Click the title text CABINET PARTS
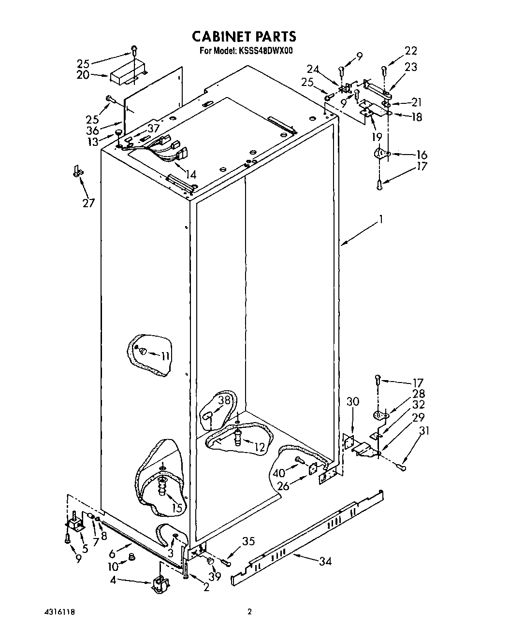point(244,36)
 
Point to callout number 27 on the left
point(89,203)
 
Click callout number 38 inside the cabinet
point(224,400)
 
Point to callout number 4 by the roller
point(113,580)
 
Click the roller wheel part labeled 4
point(159,584)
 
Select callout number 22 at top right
point(411,51)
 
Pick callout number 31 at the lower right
point(424,430)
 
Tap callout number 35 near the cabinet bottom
point(248,541)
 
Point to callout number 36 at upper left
point(92,130)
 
